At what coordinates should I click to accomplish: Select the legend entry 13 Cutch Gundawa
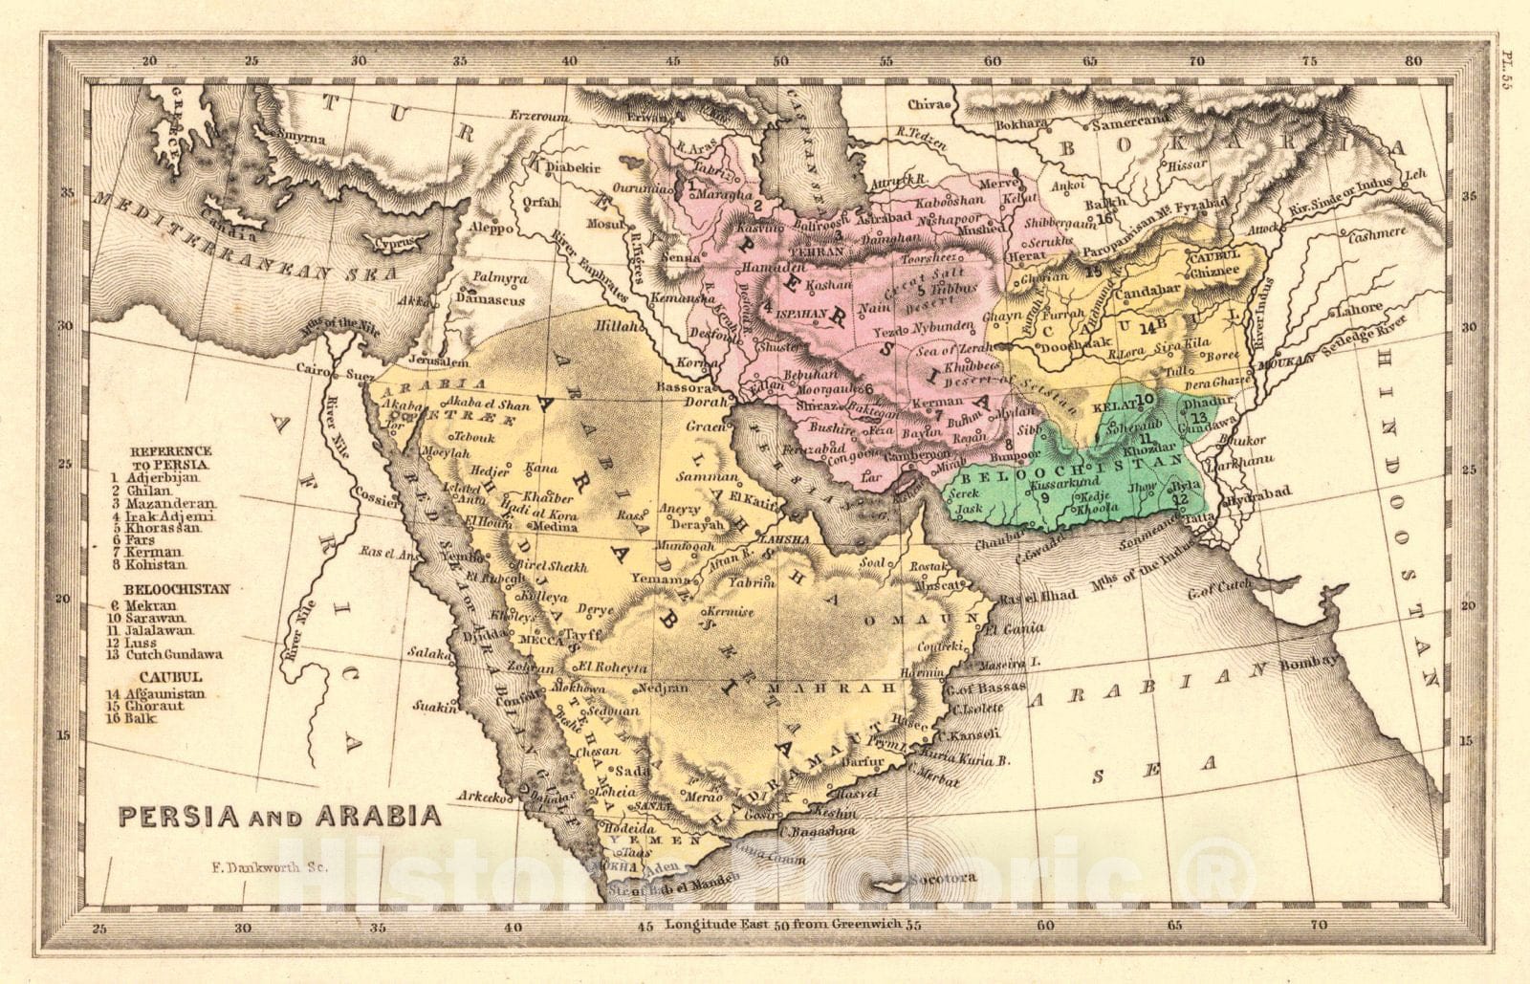(178, 654)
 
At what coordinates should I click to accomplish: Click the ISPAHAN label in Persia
(799, 313)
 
